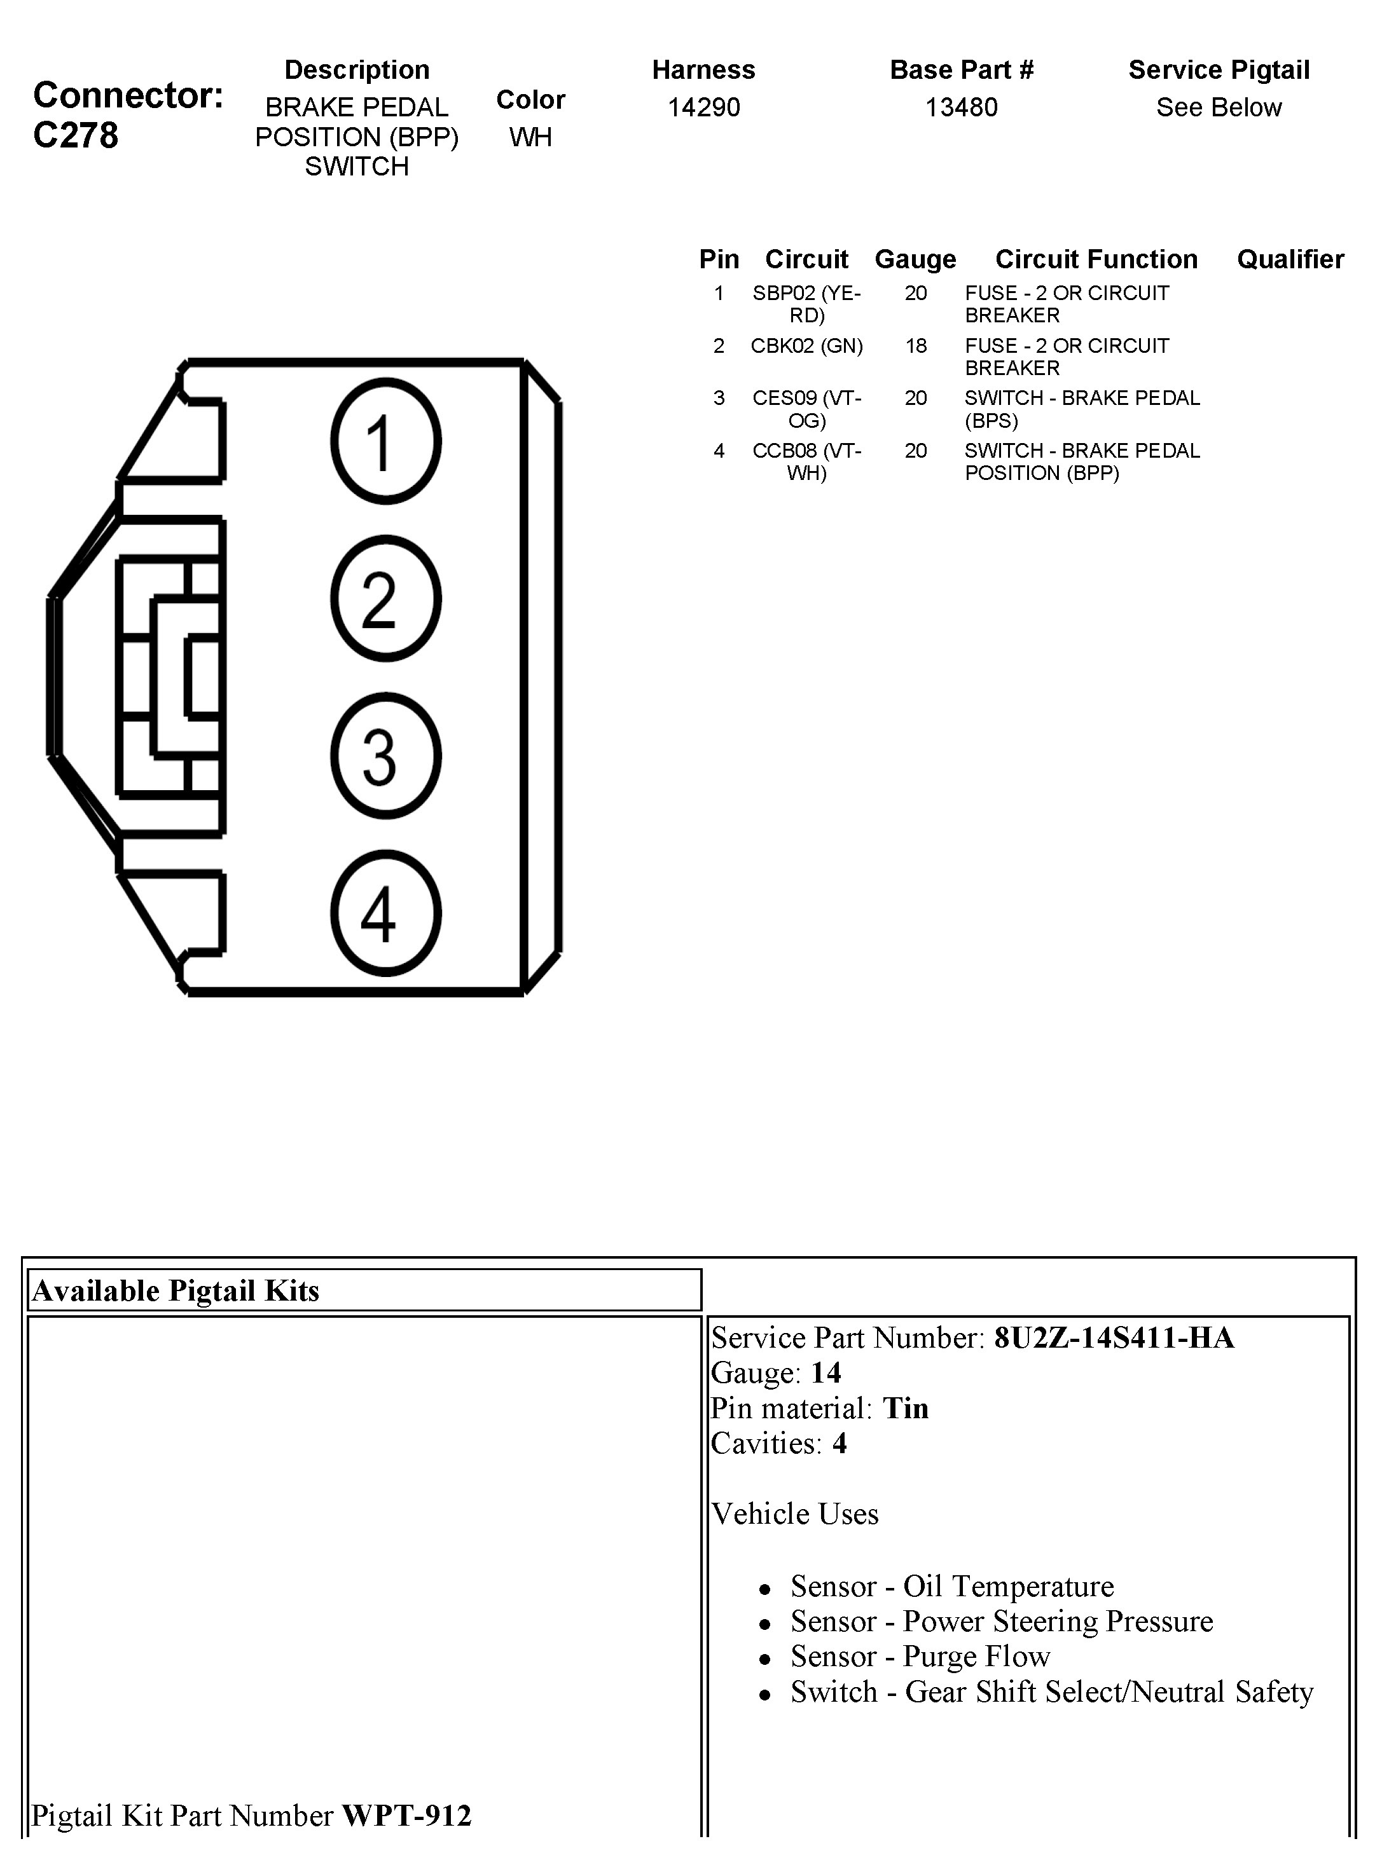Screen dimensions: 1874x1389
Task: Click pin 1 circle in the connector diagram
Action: pos(386,441)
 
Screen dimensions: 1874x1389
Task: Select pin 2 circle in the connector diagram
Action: pos(386,598)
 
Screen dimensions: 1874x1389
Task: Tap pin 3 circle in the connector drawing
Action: pos(386,755)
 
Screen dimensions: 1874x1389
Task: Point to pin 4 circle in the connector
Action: pos(386,913)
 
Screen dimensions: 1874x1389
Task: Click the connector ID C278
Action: pos(76,135)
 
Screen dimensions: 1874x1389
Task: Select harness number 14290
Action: pos(704,107)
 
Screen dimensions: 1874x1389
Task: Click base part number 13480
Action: pos(961,107)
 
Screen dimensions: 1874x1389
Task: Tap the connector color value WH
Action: pos(530,137)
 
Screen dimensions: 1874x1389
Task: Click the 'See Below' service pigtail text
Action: pos(1219,107)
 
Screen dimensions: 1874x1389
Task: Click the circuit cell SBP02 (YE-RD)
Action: pos(806,304)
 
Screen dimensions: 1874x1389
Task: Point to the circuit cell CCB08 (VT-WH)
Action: pos(806,462)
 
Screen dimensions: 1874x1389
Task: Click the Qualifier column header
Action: pos(1290,259)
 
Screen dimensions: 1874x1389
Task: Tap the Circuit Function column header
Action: pos(1096,259)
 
